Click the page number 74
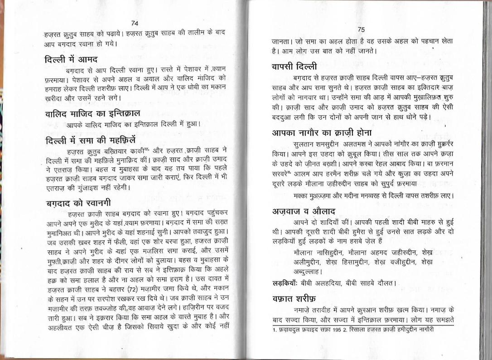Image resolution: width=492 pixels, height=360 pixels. (x=134, y=23)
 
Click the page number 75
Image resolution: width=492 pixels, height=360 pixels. (x=361, y=29)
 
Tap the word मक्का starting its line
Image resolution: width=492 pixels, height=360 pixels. (x=301, y=196)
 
